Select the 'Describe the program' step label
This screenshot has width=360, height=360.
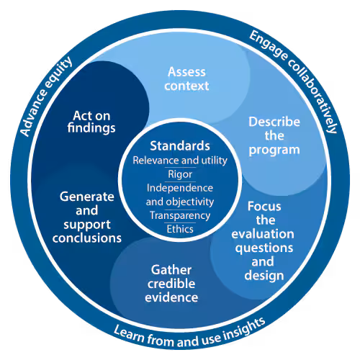(x=274, y=135)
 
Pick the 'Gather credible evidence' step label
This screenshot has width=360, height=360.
(x=175, y=283)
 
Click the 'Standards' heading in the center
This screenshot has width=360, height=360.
(x=180, y=144)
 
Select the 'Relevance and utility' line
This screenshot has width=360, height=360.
(x=180, y=159)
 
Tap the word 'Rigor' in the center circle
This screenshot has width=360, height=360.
(x=180, y=174)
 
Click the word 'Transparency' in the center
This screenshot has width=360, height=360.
(x=180, y=215)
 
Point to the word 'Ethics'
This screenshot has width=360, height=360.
(x=180, y=229)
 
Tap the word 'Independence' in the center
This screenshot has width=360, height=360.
(x=180, y=187)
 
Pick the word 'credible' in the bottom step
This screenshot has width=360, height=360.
(x=175, y=283)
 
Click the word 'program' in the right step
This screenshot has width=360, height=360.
(x=274, y=150)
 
